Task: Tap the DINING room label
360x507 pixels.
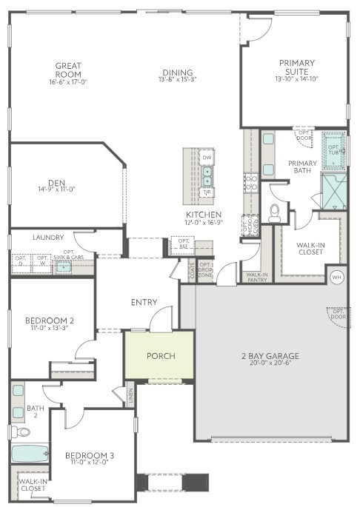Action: coord(178,73)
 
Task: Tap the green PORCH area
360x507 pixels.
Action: coord(160,356)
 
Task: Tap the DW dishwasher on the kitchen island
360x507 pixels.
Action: coord(207,158)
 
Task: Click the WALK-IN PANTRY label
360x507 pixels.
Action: coord(256,277)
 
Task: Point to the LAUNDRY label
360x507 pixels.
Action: coord(48,238)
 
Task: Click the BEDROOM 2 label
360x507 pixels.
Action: coord(50,320)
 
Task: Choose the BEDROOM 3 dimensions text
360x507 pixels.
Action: coord(87,463)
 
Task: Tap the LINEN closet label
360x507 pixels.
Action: coord(130,395)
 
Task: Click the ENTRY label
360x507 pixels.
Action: coord(142,302)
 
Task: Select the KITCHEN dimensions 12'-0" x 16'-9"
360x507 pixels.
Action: coord(204,223)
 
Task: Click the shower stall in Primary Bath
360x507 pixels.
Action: coord(333,189)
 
